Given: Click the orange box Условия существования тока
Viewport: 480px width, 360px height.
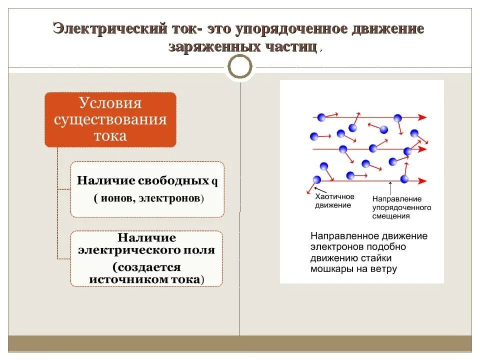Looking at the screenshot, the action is (110, 119).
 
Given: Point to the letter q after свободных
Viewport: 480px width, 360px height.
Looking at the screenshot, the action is (215, 180).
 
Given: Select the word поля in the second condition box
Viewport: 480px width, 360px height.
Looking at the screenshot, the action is (201, 250).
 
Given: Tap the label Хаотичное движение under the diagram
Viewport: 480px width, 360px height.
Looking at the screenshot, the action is (334, 201).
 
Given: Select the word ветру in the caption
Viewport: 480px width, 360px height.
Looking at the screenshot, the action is (384, 269).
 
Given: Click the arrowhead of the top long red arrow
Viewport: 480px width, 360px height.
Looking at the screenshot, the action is (423, 117).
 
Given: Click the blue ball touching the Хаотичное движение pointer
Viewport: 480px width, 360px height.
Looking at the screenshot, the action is (316, 179).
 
